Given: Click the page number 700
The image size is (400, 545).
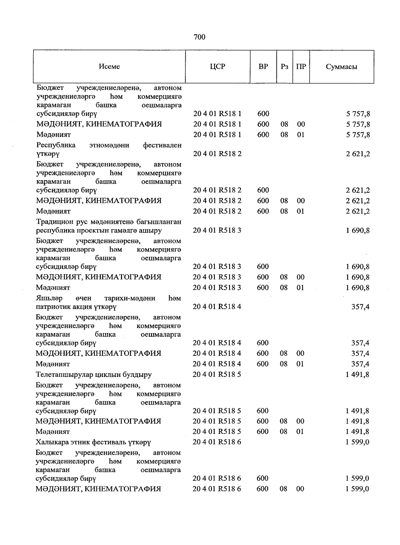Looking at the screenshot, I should (x=199, y=37).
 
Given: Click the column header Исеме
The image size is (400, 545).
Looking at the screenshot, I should (x=109, y=67).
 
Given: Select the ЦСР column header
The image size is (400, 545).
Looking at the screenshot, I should (x=217, y=67).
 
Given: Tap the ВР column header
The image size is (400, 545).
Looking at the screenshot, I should (x=263, y=67).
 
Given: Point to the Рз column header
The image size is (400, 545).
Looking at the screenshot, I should (x=284, y=67).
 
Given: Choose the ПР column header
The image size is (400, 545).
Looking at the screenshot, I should (x=301, y=67).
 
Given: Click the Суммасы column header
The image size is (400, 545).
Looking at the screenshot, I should (x=341, y=67).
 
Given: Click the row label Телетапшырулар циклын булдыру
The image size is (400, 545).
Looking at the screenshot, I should (x=94, y=375).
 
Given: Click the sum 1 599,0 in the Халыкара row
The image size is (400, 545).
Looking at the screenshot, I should (x=357, y=442).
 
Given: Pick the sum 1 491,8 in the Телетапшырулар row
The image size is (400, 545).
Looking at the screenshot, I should (x=357, y=375).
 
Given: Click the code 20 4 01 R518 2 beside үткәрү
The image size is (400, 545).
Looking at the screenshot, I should (x=217, y=154).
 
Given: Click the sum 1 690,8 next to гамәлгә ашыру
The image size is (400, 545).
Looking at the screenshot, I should (x=357, y=231).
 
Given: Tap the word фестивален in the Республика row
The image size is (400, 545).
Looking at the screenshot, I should (x=162, y=145).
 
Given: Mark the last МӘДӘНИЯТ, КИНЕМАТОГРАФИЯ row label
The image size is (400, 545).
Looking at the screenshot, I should (x=98, y=489).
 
